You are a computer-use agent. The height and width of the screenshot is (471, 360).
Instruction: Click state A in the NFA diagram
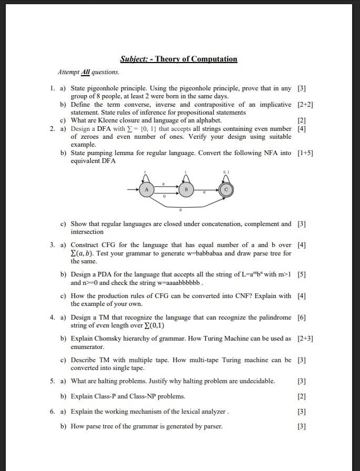pos(147,190)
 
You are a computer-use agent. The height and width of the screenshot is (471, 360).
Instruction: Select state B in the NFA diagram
pos(186,190)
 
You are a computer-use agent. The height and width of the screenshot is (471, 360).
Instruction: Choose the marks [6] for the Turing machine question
pos(302,318)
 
